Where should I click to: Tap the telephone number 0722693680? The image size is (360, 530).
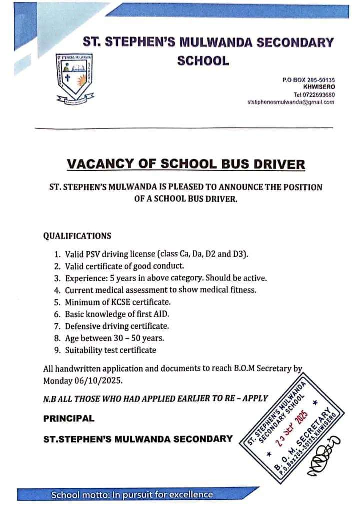(314, 95)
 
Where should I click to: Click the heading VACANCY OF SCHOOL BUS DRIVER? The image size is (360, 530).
(185, 164)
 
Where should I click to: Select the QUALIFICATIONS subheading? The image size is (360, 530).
(77, 236)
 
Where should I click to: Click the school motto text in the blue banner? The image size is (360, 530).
(132, 495)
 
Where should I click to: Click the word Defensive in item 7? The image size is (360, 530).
(83, 326)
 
